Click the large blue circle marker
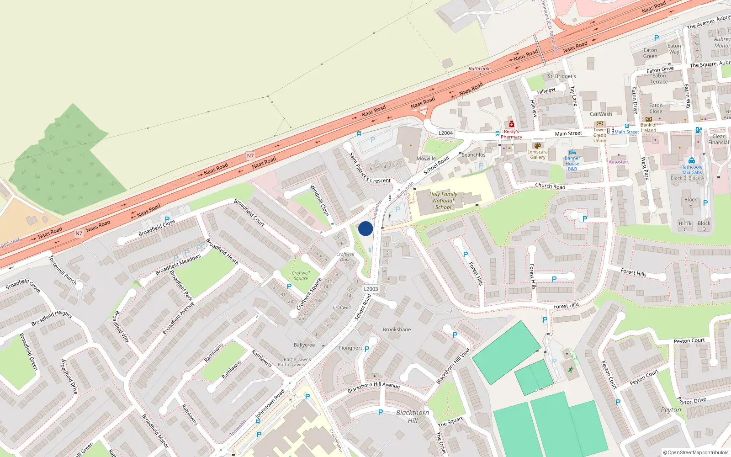365,228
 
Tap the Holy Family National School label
443,201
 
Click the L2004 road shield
445,133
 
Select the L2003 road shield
371,289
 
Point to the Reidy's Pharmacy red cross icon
512,124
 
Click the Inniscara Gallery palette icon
537,146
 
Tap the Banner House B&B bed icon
572,153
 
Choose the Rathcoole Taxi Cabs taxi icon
692,160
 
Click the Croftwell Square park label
301,276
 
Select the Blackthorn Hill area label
413,416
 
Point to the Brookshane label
397,329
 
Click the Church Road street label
550,186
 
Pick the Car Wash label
600,114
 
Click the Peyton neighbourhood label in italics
671,410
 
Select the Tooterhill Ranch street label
63,270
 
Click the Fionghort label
350,348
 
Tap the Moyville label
426,159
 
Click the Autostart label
619,162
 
